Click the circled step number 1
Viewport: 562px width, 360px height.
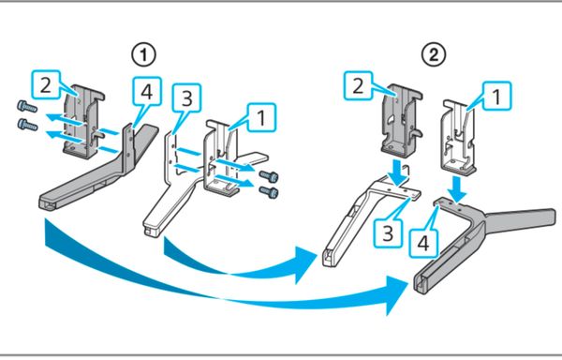click(x=143, y=55)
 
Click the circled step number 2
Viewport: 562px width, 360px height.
click(x=434, y=55)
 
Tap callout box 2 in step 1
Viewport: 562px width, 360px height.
click(x=46, y=84)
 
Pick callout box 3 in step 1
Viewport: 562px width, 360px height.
click(x=186, y=98)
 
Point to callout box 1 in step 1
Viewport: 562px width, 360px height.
click(x=261, y=117)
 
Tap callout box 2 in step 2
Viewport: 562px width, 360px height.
click(x=358, y=85)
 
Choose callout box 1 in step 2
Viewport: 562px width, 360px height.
click(x=497, y=97)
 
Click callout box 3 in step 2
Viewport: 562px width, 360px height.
click(x=388, y=233)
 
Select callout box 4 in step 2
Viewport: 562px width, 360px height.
click(x=423, y=244)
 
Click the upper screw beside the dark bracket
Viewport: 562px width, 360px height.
click(x=27, y=107)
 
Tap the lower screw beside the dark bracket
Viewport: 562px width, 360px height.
click(x=27, y=125)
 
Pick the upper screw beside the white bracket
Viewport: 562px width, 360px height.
click(x=269, y=176)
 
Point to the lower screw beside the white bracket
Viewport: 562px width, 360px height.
click(x=269, y=192)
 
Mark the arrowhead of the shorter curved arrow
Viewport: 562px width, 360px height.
click(x=306, y=265)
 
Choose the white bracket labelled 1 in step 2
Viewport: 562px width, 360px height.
click(x=457, y=137)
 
